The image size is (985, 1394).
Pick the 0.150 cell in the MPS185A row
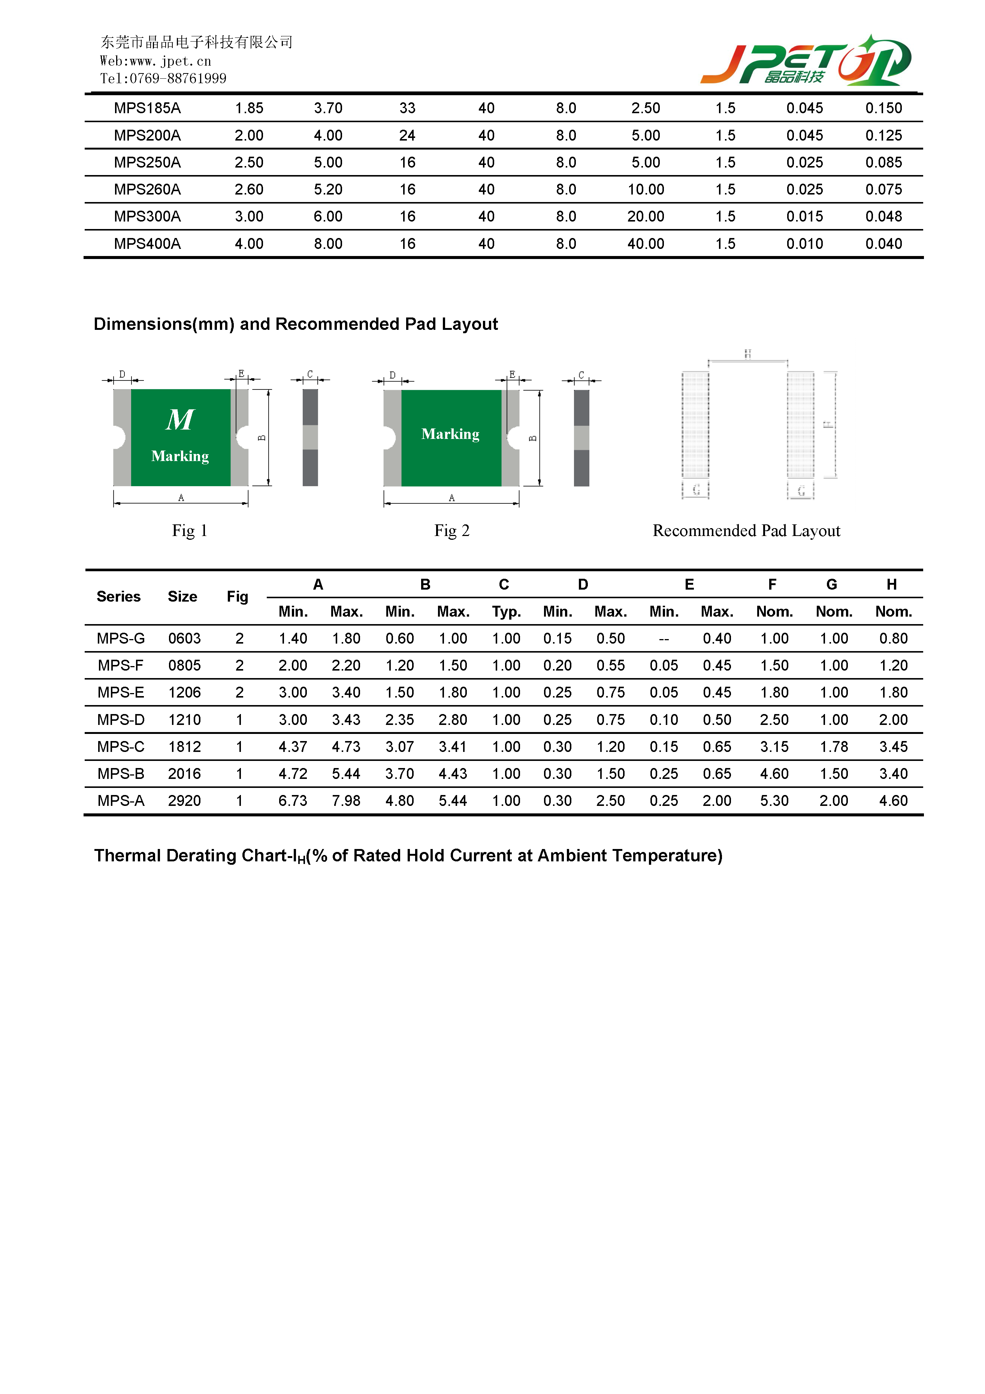883,108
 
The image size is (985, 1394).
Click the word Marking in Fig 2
450,434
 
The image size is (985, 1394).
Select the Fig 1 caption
189,531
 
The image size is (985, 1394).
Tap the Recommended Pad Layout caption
746,531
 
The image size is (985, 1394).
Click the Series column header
118,597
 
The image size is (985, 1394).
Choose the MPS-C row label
121,747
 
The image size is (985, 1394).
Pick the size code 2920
184,801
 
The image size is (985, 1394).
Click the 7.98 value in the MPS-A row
346,801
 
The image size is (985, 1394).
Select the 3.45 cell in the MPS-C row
893,747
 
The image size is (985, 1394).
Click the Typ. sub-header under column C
506,612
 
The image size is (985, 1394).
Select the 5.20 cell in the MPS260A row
328,189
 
